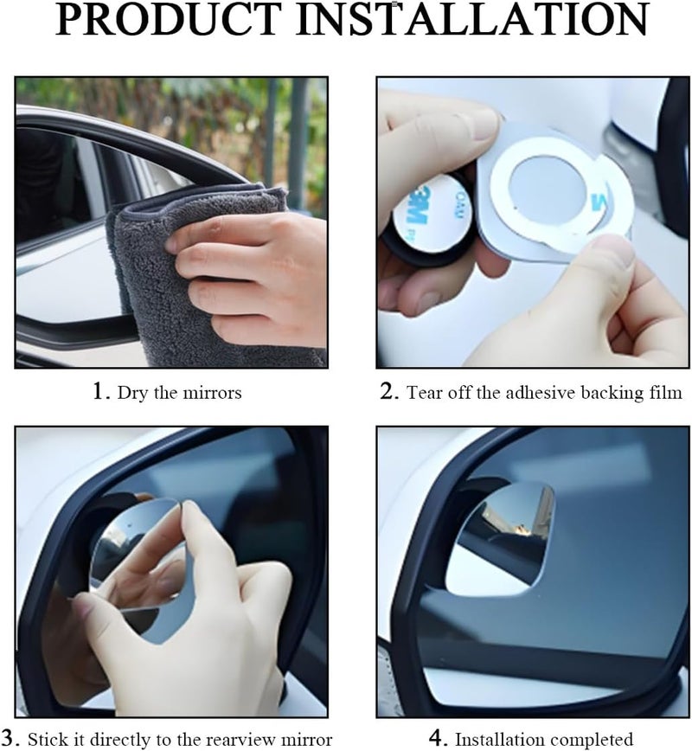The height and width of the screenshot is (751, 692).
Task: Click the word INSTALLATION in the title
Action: click(473, 20)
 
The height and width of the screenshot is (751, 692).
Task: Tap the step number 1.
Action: click(99, 391)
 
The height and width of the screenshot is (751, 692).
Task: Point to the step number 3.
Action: click(10, 737)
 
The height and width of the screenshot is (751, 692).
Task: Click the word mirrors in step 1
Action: click(212, 393)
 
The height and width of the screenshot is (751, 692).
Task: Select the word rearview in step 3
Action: click(245, 739)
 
